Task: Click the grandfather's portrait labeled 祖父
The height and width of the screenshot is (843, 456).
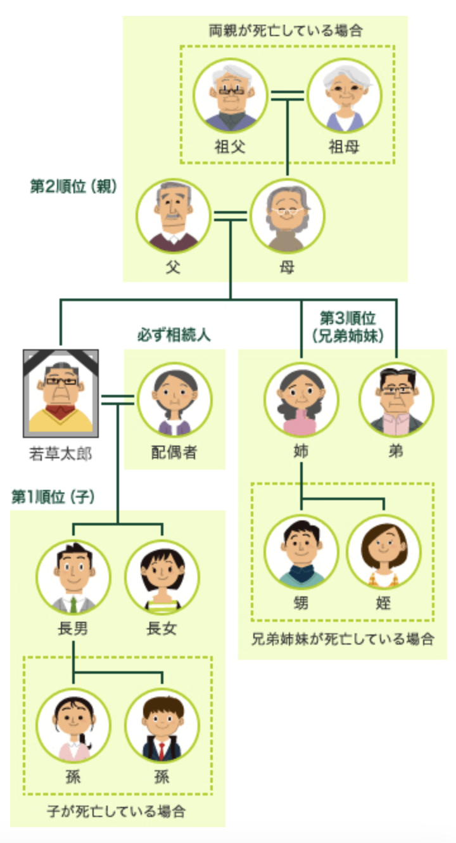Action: tap(229, 96)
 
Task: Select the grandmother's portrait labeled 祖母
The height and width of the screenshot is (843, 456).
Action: tap(344, 96)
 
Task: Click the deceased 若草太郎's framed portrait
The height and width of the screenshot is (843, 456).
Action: tap(61, 392)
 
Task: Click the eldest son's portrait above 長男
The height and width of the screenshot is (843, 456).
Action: tap(73, 577)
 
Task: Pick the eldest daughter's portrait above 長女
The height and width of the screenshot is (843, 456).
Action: tap(162, 577)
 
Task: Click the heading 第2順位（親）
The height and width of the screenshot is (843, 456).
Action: tap(74, 188)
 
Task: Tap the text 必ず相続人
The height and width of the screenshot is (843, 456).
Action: tap(174, 335)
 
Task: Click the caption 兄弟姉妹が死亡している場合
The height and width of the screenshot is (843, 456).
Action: tap(343, 638)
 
